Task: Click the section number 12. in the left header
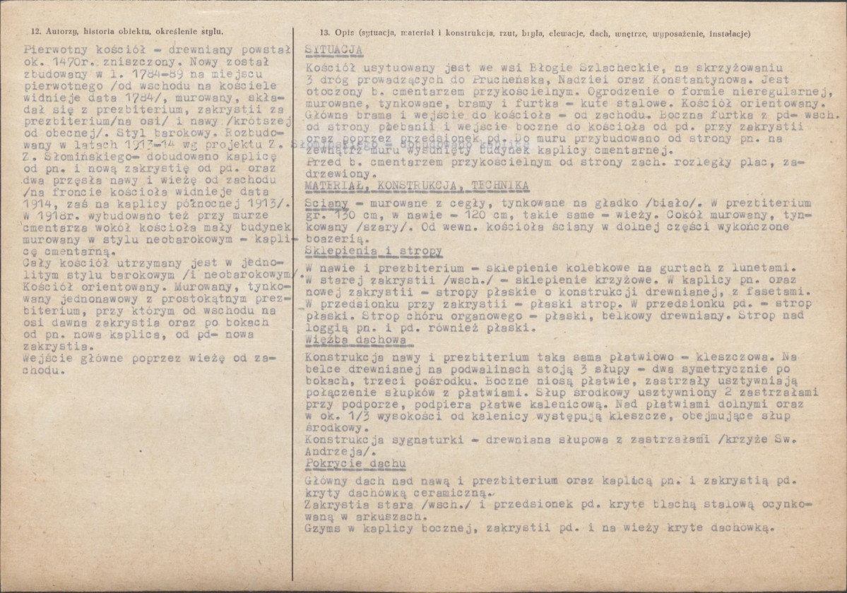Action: click(36, 32)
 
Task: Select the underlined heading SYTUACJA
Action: click(334, 50)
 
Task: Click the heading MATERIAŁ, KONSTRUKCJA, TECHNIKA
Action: click(417, 186)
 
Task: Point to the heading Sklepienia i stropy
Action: click(374, 251)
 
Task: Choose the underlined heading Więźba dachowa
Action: click(356, 340)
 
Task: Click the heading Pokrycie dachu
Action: click(355, 463)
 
